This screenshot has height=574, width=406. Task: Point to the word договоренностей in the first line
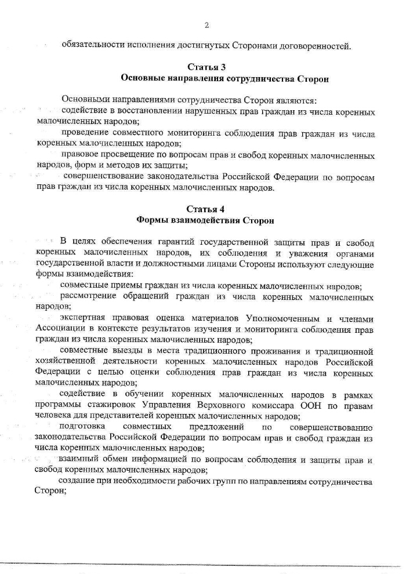click(313, 45)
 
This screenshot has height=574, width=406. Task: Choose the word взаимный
click(78, 460)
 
